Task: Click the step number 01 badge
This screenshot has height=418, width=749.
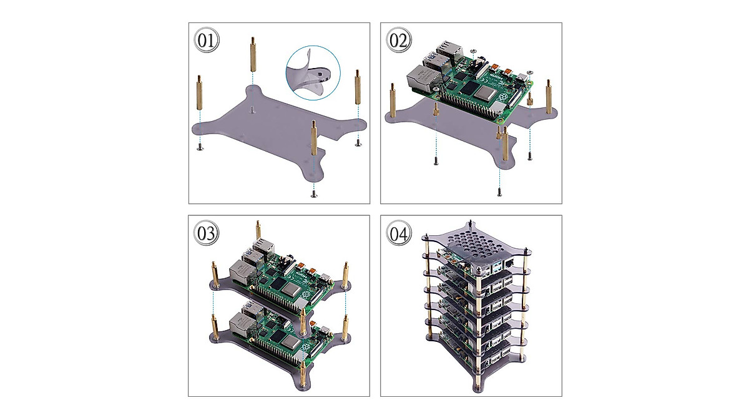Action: point(207,41)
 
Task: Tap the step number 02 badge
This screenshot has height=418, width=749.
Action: point(399,41)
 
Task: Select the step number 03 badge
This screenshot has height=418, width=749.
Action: point(207,233)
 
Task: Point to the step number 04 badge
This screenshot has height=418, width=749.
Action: point(399,233)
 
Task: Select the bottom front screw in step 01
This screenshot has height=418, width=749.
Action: point(313,195)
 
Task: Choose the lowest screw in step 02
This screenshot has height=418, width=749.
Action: point(499,191)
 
